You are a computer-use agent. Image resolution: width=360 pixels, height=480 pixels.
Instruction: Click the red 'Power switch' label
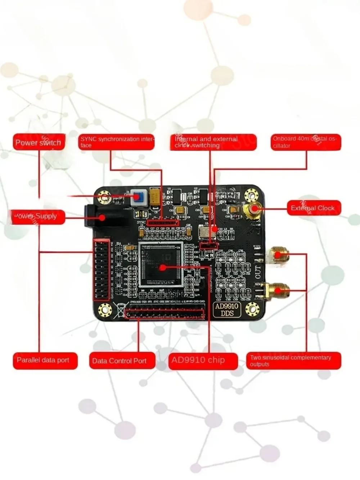pyautogui.click(x=39, y=142)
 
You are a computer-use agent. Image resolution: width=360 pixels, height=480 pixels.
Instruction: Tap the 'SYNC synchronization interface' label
pyautogui.click(x=117, y=142)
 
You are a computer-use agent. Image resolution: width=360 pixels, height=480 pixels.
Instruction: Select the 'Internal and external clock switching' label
pyautogui.click(x=213, y=142)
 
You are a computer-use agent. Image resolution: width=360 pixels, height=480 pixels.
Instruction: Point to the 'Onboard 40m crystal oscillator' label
pyautogui.click(x=306, y=142)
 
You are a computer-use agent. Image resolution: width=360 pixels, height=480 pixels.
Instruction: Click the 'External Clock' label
pyautogui.click(x=313, y=208)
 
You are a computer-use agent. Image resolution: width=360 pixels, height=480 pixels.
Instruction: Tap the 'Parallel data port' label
pyautogui.click(x=45, y=360)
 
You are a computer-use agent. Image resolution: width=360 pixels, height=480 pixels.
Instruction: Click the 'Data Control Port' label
pyautogui.click(x=122, y=361)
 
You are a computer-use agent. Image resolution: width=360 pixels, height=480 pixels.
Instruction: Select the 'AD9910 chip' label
pyautogui.click(x=203, y=360)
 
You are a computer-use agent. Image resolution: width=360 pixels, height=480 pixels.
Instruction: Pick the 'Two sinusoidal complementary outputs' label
pyautogui.click(x=293, y=360)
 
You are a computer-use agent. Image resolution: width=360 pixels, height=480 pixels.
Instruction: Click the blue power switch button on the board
pyautogui.click(x=137, y=197)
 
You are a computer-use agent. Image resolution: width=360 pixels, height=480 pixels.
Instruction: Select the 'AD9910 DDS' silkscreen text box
pyautogui.click(x=227, y=310)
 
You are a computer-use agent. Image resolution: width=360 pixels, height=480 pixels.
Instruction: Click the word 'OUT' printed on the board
pyautogui.click(x=258, y=271)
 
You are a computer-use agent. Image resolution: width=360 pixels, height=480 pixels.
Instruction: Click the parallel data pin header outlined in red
pyautogui.click(x=101, y=269)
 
